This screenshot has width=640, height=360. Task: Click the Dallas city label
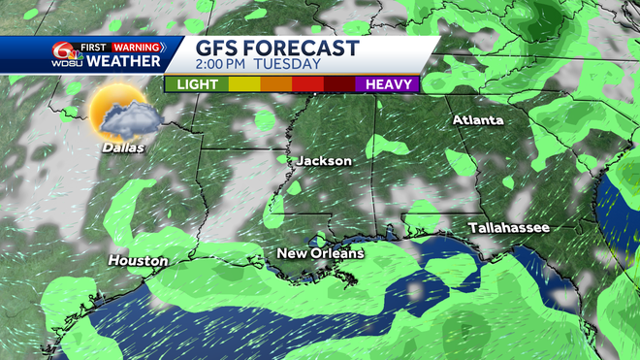tap(120, 147)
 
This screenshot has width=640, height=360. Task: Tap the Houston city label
tap(138, 261)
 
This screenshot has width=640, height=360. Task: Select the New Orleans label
tap(320, 253)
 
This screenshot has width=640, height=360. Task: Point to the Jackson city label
tap(324, 160)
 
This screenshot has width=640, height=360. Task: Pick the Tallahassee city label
tap(509, 227)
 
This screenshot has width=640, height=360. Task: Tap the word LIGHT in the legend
tap(196, 84)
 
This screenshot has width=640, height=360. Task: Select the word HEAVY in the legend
tap(388, 84)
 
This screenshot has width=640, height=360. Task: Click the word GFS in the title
tap(218, 48)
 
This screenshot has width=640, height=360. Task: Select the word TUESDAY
tap(289, 65)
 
